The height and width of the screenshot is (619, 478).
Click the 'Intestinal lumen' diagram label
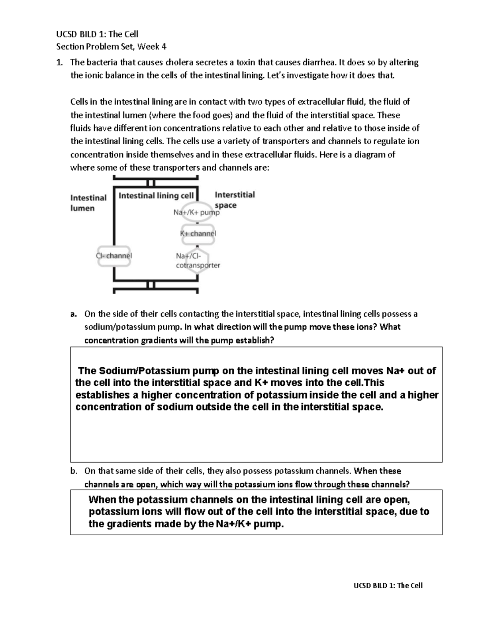point(88,203)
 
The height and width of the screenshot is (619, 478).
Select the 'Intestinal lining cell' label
point(156,195)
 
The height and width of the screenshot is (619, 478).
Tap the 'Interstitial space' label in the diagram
point(234,200)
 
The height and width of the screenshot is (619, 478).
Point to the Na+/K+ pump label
point(196,212)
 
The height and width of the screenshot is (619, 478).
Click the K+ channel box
point(198,234)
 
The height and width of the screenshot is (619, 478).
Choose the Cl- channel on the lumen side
point(114,256)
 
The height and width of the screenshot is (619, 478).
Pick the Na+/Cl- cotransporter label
point(198,261)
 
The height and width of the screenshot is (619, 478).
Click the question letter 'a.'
point(73,314)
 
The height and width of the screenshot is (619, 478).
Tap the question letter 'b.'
point(73,471)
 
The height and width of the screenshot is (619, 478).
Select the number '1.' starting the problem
point(59,62)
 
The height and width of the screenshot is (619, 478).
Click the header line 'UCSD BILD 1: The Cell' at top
point(97,34)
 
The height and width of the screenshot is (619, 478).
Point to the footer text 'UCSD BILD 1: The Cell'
point(388,586)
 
